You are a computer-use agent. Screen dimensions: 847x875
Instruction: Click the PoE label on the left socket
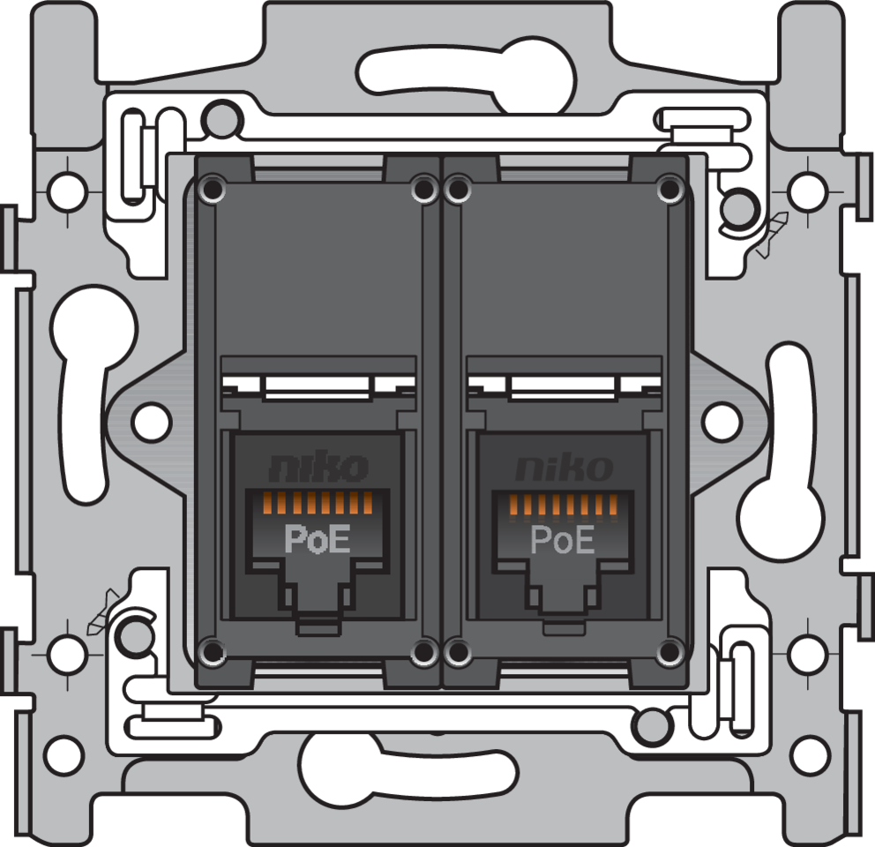317,539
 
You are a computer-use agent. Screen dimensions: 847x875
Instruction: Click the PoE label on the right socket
563,539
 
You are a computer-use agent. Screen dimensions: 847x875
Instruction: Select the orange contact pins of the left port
318,504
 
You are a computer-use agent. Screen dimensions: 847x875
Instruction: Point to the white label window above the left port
316,386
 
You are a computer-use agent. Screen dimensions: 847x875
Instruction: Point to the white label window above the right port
563,386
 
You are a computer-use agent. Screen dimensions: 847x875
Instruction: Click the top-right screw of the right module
670,188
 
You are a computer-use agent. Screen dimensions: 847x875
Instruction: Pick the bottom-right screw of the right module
670,652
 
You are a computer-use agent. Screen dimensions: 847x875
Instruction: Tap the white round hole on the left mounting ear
151,421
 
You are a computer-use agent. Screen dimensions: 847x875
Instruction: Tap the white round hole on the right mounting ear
722,421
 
